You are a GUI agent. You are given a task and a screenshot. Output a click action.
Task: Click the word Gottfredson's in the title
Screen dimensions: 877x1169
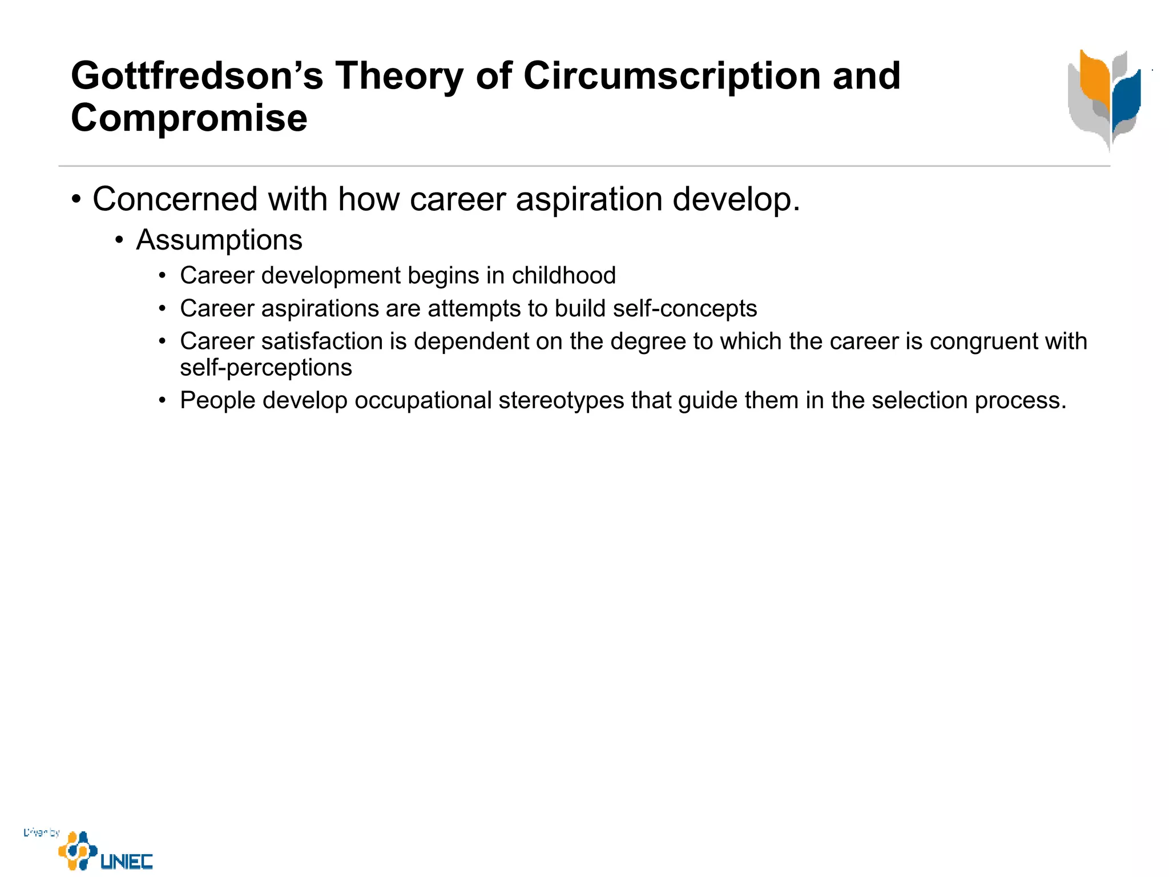pyautogui.click(x=197, y=76)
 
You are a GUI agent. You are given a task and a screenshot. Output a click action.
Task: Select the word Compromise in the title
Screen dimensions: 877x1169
pyautogui.click(x=189, y=118)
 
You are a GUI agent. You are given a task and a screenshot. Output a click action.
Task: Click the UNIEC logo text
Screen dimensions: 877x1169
pyautogui.click(x=127, y=861)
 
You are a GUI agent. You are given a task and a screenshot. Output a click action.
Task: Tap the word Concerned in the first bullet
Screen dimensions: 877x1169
pyautogui.click(x=175, y=199)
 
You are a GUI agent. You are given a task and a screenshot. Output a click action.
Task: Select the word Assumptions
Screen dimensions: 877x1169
pyautogui.click(x=219, y=240)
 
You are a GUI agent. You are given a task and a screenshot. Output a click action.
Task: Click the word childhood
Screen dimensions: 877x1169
pyautogui.click(x=563, y=276)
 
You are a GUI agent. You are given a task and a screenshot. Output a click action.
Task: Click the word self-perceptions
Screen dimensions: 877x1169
pyautogui.click(x=266, y=368)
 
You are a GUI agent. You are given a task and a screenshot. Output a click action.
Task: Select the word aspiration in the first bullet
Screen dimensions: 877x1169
pyautogui.click(x=589, y=199)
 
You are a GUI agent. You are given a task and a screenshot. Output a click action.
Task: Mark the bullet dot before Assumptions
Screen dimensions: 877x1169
pyautogui.click(x=119, y=240)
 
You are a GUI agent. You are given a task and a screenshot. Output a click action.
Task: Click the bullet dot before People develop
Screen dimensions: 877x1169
pyautogui.click(x=163, y=401)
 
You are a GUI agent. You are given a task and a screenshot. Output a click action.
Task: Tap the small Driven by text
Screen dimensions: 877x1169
pyautogui.click(x=41, y=832)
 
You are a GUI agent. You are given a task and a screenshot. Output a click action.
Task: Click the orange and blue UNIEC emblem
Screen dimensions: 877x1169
pyautogui.click(x=77, y=851)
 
